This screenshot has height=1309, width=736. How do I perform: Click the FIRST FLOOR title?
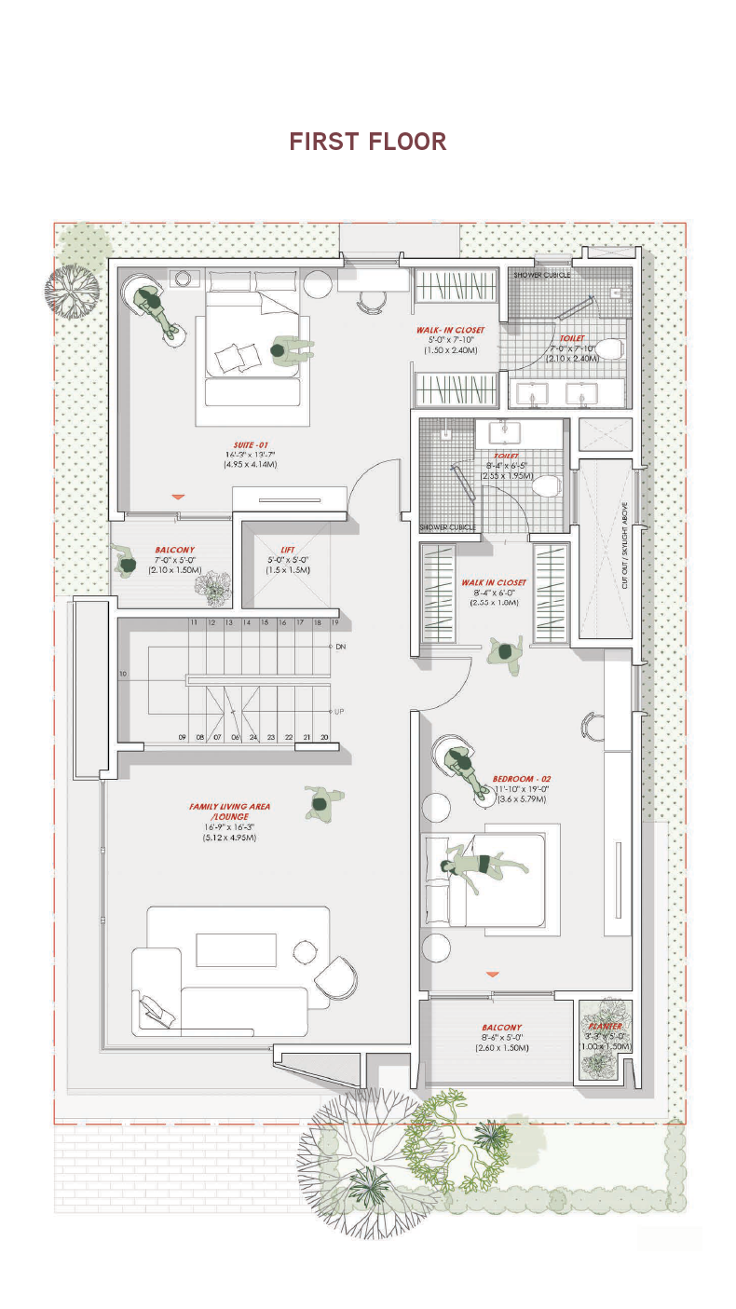368,142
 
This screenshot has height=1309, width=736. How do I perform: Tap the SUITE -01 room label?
249,444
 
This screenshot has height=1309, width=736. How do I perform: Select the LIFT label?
287,550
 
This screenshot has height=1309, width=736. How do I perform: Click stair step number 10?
123,673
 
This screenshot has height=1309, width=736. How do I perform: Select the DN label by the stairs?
340,646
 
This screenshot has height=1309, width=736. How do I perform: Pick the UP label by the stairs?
340,711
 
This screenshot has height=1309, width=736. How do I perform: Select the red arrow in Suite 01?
178,498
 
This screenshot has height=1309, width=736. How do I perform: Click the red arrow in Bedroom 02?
492,974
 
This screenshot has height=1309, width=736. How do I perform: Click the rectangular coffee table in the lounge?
236,949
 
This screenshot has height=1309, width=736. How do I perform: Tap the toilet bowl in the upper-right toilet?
607,349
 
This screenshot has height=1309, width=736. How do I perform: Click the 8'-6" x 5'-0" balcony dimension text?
502,1037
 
